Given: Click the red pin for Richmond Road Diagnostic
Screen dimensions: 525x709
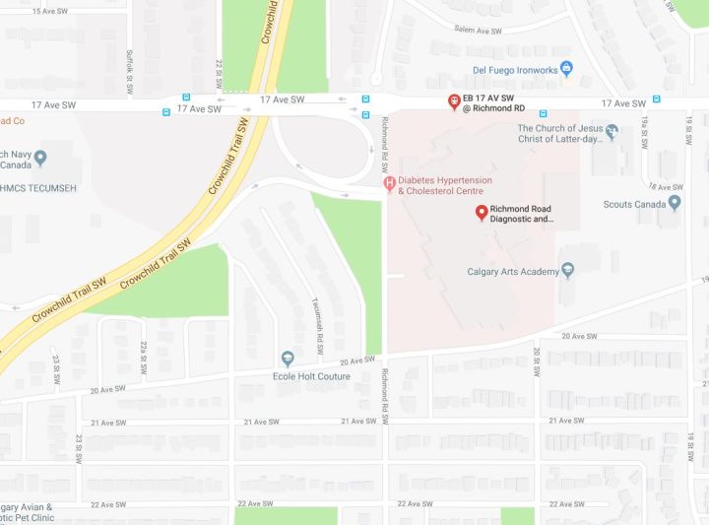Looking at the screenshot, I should tap(482, 212).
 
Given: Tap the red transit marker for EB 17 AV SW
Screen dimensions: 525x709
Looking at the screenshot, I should tap(454, 100).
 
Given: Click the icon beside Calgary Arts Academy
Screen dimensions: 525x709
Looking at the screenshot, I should tap(567, 271).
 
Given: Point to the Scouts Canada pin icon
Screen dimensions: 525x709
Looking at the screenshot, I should tap(674, 203).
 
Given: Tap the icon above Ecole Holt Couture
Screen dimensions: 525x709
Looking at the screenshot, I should tap(288, 359).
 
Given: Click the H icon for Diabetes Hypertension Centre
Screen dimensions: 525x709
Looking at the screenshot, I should tap(390, 183).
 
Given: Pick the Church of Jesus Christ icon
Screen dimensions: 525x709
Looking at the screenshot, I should tap(612, 131).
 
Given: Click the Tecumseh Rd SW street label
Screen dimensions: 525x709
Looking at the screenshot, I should tap(318, 322).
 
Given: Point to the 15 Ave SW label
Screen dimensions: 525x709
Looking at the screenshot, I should tap(54, 11).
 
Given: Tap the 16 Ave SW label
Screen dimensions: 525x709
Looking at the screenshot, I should tap(665, 186).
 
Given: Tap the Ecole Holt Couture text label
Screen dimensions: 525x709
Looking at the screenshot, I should tap(311, 376).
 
